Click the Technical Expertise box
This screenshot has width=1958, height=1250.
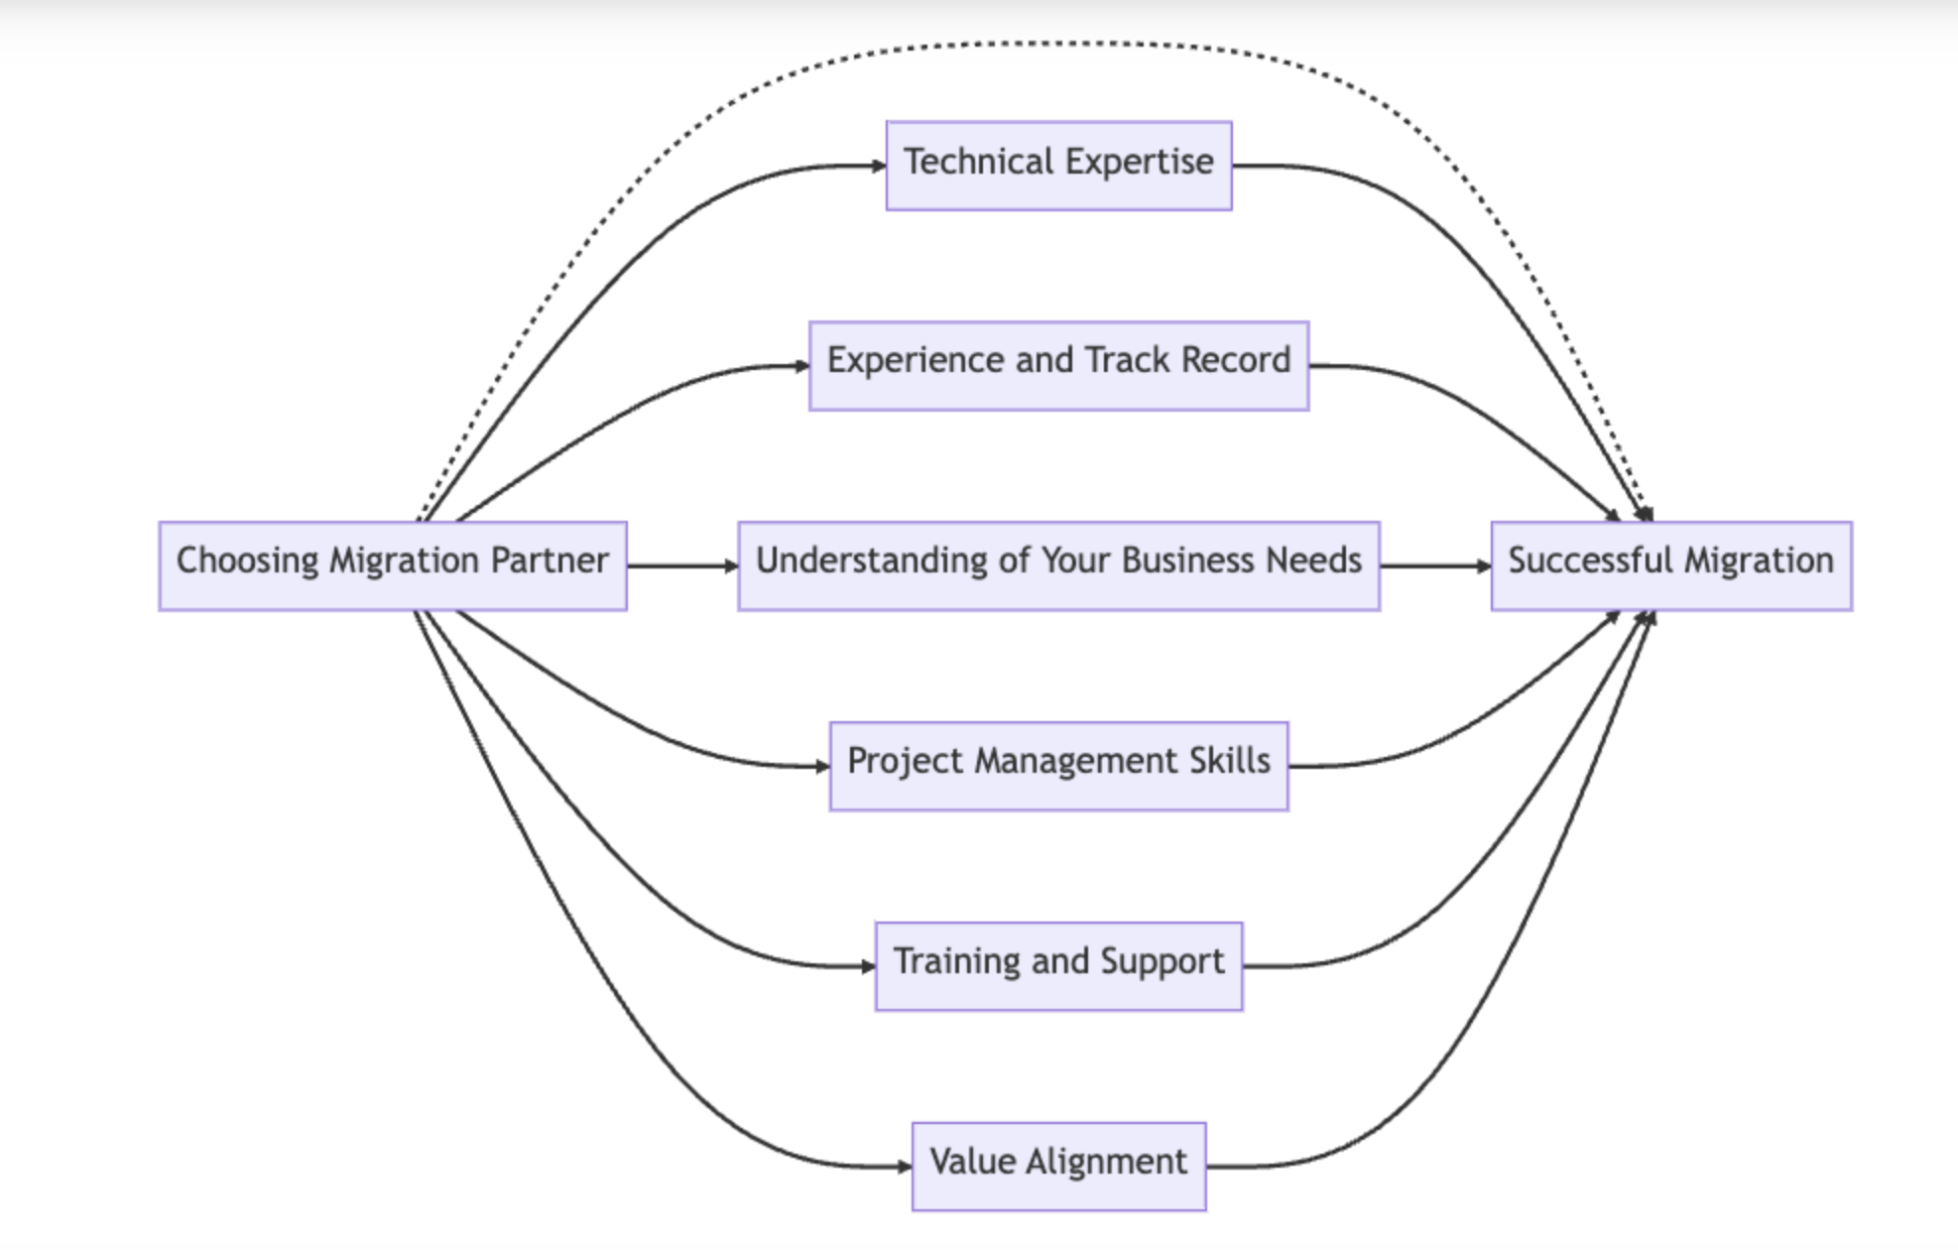(1058, 166)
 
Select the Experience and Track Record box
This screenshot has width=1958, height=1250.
(1058, 365)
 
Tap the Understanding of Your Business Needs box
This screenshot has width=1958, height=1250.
(1058, 565)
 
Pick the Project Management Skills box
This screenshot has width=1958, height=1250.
(1058, 766)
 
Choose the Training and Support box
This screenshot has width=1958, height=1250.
(1058, 966)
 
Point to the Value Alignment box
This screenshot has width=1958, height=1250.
(1058, 1166)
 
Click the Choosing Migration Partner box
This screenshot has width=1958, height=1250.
(392, 565)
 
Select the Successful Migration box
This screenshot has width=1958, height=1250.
(1670, 565)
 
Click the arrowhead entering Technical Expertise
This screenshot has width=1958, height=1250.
(878, 166)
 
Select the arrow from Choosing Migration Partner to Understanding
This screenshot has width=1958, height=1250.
(681, 565)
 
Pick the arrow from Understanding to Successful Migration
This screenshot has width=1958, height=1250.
(1434, 565)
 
